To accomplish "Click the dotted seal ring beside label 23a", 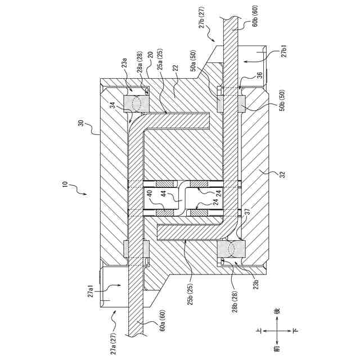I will click(137, 103).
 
